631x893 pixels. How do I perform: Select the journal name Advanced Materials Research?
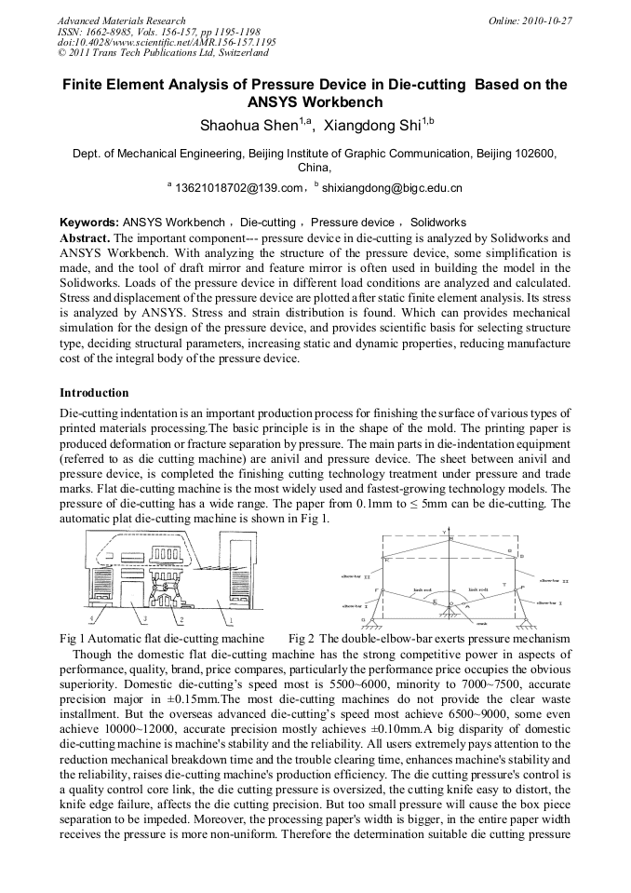point(121,20)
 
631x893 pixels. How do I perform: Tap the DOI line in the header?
point(167,43)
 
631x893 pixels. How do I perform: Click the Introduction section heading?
point(94,392)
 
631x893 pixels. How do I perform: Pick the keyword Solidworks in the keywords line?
point(438,223)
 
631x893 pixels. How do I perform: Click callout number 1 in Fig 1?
point(231,618)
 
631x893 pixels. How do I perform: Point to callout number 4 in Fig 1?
point(89,618)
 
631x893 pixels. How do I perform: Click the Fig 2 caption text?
point(429,638)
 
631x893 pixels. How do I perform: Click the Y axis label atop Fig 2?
point(446,533)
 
